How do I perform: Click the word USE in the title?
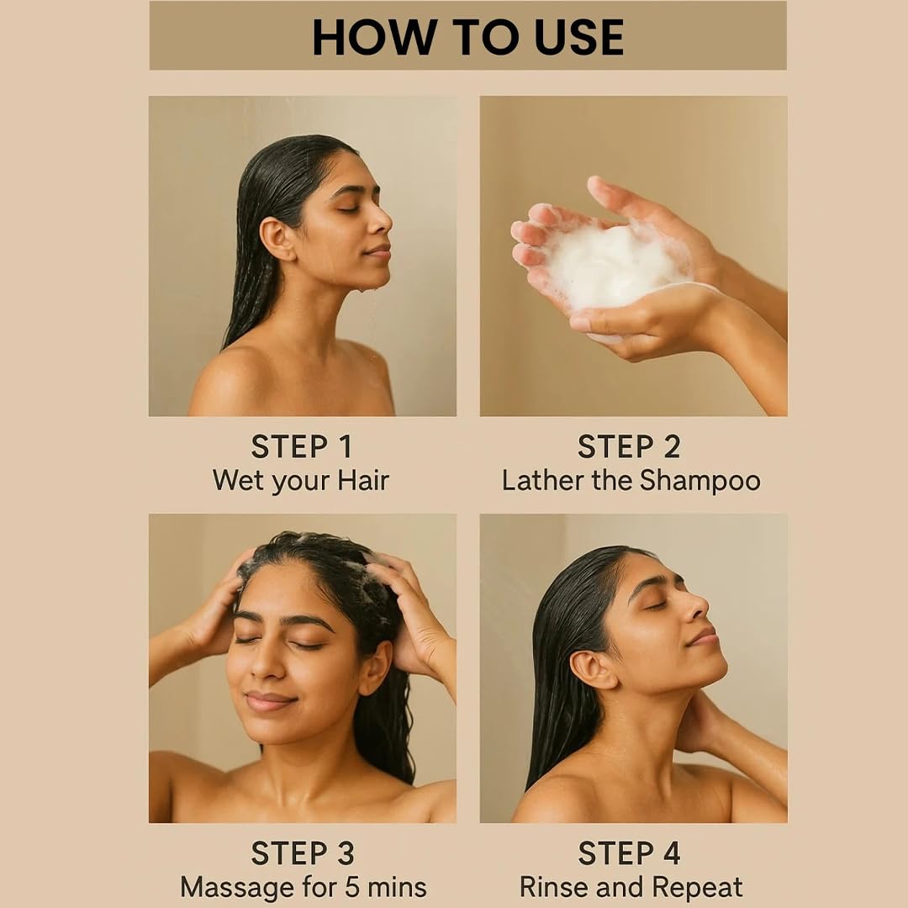(x=578, y=38)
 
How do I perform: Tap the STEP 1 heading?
(x=302, y=446)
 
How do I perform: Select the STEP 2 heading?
(x=629, y=446)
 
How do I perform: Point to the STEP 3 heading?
(x=303, y=853)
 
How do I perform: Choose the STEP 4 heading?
(x=629, y=853)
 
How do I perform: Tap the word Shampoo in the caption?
(x=699, y=481)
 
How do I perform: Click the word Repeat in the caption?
(x=697, y=888)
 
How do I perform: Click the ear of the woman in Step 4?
(x=592, y=669)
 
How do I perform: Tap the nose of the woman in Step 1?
(x=381, y=220)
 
